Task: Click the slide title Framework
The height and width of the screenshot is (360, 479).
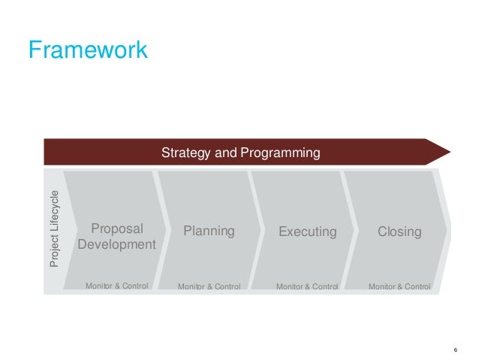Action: pos(88,50)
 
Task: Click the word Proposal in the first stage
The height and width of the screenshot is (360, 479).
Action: pos(116,229)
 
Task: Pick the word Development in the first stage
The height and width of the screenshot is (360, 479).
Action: pos(116,245)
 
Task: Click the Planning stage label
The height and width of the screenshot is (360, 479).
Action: pos(209,231)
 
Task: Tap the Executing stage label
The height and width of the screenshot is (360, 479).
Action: pos(307,231)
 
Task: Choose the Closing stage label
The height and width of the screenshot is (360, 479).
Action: pos(399,231)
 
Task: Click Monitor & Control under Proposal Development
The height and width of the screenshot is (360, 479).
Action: pos(117,286)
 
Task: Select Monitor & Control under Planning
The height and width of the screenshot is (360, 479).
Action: pos(209,286)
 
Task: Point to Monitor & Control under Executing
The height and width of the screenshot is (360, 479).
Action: pos(308,286)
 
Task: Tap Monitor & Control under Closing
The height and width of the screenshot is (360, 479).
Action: pos(399,286)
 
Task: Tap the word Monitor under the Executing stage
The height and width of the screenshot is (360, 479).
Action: pos(291,286)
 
